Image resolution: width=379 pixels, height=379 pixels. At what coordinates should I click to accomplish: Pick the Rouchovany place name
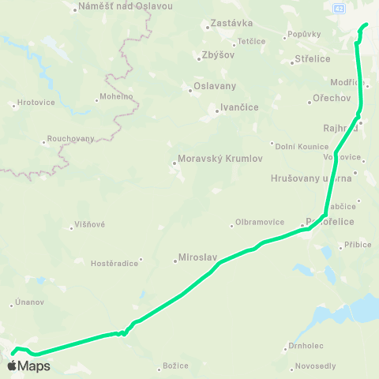click(71, 138)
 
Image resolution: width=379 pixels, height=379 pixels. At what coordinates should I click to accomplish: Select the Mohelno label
click(116, 97)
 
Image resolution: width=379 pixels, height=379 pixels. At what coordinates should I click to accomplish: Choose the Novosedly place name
click(316, 366)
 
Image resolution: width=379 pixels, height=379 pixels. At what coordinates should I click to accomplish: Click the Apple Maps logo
click(28, 366)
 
